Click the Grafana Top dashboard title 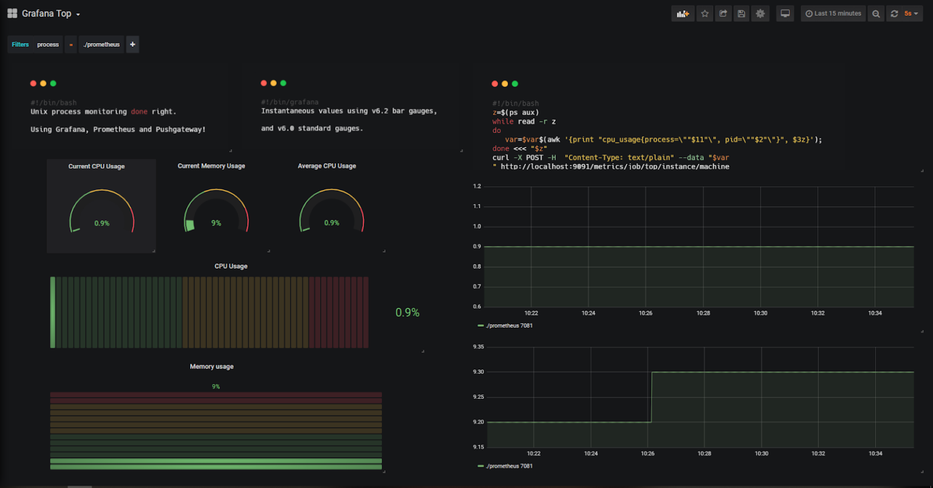(46, 13)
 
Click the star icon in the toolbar (705, 13)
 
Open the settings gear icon (760, 13)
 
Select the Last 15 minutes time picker (833, 13)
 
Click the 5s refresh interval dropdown (911, 13)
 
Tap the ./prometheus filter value (101, 44)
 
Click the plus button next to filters (132, 44)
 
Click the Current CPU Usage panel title (97, 166)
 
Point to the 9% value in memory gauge (216, 223)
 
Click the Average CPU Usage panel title (327, 166)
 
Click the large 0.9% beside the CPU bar (407, 313)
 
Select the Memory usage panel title (211, 367)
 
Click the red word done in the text (139, 112)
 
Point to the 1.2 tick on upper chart (477, 186)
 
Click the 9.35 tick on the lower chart (478, 347)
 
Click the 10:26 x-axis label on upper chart (645, 313)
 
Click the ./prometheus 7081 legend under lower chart (508, 466)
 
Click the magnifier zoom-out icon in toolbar (876, 13)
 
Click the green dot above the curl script (515, 84)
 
